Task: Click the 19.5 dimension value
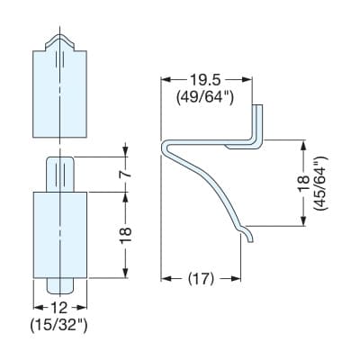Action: (205, 80)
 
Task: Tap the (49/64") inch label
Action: (205, 96)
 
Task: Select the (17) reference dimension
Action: (202, 279)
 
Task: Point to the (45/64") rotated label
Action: (320, 184)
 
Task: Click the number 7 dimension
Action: (127, 175)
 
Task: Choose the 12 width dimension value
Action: (59, 308)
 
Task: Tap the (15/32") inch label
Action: (58, 325)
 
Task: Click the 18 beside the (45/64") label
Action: (303, 183)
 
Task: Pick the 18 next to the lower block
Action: (126, 235)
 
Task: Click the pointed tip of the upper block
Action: (60, 34)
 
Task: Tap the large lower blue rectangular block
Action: (60, 235)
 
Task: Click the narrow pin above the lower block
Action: (60, 174)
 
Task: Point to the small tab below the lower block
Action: (60, 286)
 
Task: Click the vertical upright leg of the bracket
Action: (258, 123)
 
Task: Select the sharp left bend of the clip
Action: (165, 147)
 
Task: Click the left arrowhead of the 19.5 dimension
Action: (166, 79)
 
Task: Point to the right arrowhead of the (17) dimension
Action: (236, 279)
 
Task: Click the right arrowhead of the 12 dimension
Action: (82, 307)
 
